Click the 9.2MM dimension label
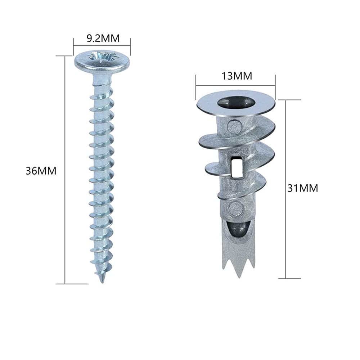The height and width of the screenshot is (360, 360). click(x=103, y=39)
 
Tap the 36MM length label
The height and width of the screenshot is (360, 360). click(x=41, y=171)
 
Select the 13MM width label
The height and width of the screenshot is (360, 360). click(x=237, y=76)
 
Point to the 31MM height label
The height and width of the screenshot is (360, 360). click(x=303, y=188)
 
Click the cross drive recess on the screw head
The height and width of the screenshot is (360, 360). click(x=102, y=57)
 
